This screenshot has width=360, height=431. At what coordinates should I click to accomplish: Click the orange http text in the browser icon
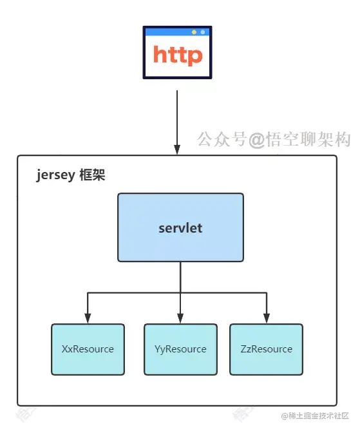(x=178, y=55)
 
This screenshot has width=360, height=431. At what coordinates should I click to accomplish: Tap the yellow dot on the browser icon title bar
(x=194, y=32)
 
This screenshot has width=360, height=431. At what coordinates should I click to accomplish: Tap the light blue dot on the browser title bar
(x=203, y=32)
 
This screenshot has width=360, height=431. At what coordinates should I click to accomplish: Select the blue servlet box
(x=180, y=227)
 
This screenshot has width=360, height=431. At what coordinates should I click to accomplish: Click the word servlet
(x=180, y=229)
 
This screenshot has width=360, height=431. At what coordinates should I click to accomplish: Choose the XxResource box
(x=88, y=349)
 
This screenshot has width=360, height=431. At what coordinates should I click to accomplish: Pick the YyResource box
(x=180, y=349)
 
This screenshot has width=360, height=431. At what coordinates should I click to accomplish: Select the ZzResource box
(x=266, y=349)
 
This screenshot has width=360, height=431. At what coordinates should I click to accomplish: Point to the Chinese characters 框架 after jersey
(x=91, y=175)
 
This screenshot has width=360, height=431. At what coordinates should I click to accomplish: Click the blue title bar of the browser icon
(x=167, y=32)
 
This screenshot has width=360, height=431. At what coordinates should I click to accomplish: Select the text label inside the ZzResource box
(x=266, y=349)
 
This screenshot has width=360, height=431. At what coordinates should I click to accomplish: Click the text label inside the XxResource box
(x=88, y=349)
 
